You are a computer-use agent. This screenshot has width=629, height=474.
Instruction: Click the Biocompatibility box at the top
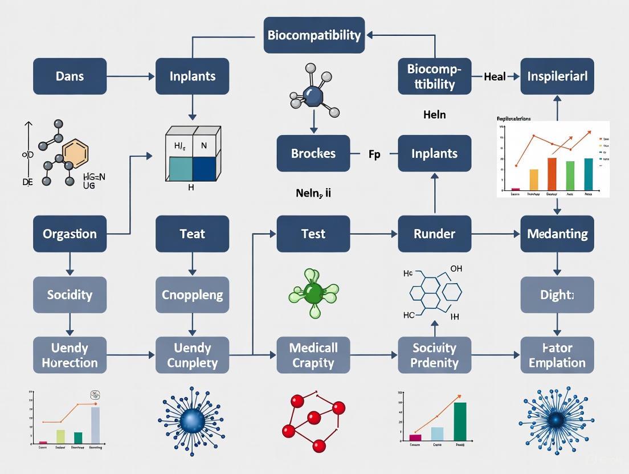coord(314,35)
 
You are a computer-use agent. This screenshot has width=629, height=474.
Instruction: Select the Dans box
coord(70,76)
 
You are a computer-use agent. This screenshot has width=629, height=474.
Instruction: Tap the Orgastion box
coord(70,234)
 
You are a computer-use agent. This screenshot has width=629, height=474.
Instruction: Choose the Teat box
coord(192,234)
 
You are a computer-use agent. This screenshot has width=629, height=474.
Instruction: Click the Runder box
coord(434,234)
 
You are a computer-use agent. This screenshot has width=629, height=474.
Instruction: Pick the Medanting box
coord(557,234)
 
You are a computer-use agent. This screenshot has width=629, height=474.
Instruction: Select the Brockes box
coord(313,153)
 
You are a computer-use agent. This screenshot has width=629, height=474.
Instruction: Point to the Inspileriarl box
coord(557,76)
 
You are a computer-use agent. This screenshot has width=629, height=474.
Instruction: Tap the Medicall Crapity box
coord(313,355)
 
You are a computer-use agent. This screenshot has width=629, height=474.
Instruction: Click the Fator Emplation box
coord(557,355)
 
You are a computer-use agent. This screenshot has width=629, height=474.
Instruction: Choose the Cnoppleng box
coord(192,295)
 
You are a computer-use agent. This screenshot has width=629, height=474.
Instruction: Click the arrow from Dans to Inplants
coord(131,76)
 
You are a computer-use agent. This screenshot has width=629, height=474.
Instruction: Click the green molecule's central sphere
coord(313,293)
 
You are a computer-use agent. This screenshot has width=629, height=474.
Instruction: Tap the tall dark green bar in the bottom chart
coord(460,422)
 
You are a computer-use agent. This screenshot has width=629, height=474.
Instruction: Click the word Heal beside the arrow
coord(495,76)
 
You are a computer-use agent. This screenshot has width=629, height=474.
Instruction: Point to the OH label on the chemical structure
coord(456,268)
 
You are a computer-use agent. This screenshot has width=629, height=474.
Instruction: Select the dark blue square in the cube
coord(205,169)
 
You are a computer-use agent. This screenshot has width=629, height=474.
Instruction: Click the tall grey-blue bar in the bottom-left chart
coord(95,425)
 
